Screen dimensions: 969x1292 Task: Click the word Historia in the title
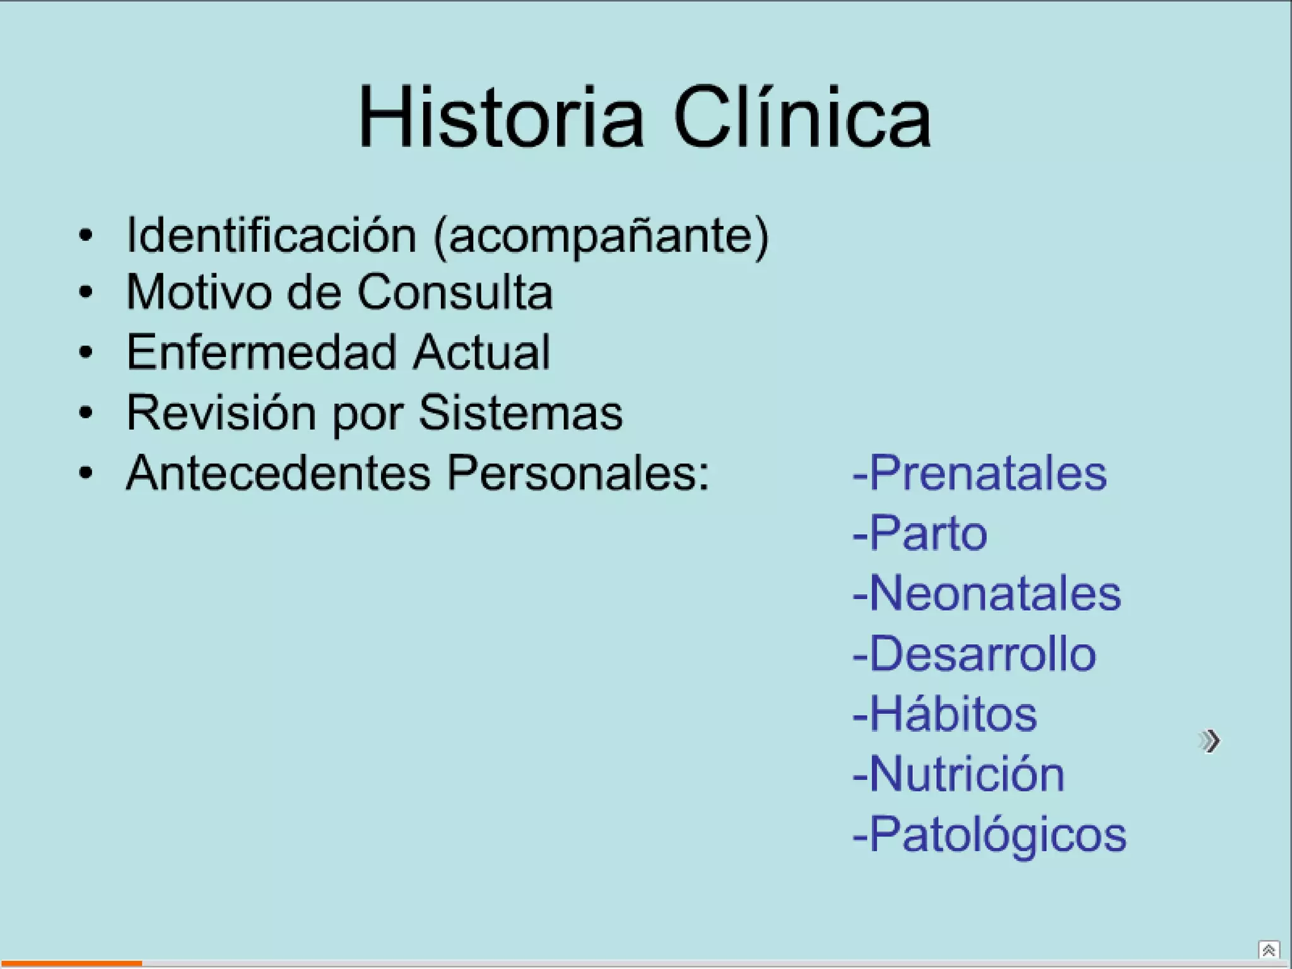(x=502, y=118)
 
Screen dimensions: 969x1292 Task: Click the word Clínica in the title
(x=802, y=118)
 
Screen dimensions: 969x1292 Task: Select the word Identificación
(x=271, y=235)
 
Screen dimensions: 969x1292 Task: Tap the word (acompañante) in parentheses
(x=601, y=237)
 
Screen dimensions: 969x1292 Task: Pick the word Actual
(x=482, y=352)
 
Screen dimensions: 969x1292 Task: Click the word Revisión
(x=221, y=413)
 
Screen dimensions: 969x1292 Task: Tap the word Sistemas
(x=520, y=413)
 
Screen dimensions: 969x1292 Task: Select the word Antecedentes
(x=278, y=473)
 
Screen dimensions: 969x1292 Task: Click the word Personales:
(x=578, y=473)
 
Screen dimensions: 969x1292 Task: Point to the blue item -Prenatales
(x=979, y=473)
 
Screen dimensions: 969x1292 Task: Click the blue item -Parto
(x=919, y=533)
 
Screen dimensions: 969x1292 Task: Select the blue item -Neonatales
(x=987, y=594)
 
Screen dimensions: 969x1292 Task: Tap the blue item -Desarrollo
(x=974, y=654)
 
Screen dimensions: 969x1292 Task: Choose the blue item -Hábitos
(x=944, y=714)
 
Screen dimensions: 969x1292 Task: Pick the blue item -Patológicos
(x=989, y=835)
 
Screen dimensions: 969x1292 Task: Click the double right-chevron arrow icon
(x=1209, y=741)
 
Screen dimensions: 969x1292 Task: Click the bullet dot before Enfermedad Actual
(x=86, y=352)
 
